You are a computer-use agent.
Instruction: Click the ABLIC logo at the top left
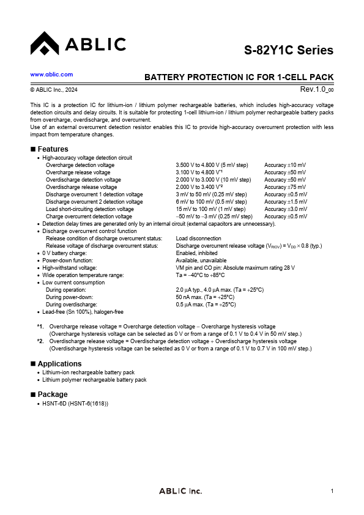78,44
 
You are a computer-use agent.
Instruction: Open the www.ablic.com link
51,74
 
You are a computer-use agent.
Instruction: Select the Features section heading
53,149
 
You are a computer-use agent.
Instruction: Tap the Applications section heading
59,364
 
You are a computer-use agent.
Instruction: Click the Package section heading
53,395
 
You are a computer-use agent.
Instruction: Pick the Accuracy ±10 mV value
285,165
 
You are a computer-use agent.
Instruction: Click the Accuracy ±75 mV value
285,187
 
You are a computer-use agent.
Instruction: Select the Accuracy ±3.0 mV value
286,209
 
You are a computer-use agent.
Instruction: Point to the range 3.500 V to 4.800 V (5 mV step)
212,165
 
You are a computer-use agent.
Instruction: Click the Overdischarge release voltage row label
82,187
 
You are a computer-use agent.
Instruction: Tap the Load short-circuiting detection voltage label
89,209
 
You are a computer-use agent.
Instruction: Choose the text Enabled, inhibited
196,253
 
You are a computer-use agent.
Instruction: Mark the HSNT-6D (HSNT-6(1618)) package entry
75,402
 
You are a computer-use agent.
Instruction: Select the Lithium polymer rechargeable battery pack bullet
94,380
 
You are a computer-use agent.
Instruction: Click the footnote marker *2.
40,341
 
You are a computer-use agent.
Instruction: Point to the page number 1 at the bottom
332,491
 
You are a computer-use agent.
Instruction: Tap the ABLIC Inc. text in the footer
180,491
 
